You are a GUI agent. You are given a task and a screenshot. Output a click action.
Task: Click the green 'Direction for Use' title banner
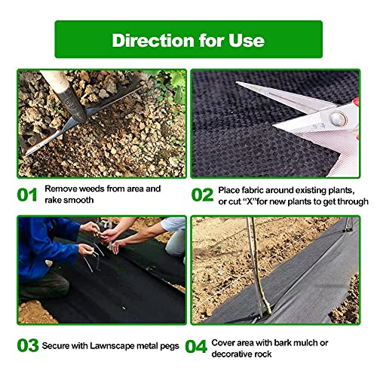(188, 39)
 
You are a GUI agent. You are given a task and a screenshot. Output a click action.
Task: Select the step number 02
(202, 195)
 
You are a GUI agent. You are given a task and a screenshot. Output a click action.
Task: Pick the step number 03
(27, 345)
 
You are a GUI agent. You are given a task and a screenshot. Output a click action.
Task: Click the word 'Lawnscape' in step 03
(119, 345)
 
